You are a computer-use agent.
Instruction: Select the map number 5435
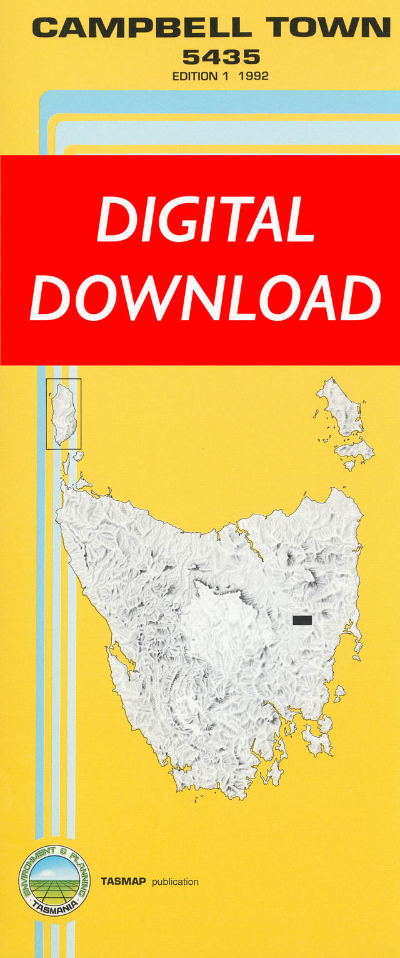pos(221,58)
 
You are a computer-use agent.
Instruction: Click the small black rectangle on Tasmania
pos(302,620)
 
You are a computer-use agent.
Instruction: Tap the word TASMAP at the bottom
pos(123,882)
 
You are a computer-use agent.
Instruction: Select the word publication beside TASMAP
pos(175,882)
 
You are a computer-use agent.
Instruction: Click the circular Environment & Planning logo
pos(54,880)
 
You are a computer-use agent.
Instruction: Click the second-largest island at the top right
pos(354,450)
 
